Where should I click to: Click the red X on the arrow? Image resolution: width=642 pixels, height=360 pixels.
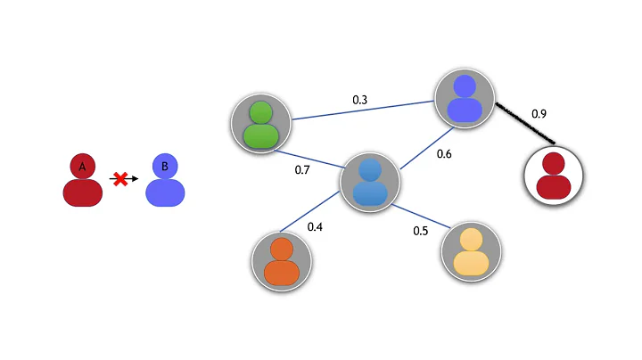coord(119,179)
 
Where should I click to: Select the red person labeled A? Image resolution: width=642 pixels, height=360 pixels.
coord(82,181)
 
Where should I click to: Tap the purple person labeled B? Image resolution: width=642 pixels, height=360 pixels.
coord(165,181)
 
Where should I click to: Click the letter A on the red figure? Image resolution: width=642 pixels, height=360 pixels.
coord(82,167)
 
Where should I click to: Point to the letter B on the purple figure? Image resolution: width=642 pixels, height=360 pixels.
coord(165,167)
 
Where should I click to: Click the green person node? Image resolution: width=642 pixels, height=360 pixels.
coord(261,123)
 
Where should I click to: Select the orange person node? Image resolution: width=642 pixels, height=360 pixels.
coord(282,260)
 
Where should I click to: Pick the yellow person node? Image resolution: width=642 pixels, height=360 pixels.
coord(471,251)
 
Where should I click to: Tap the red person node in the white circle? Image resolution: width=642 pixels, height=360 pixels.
coord(554,175)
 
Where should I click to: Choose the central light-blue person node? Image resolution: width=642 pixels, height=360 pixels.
coord(370,181)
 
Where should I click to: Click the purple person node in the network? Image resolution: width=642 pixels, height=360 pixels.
coord(464,99)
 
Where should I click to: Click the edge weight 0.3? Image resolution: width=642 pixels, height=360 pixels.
coord(360,101)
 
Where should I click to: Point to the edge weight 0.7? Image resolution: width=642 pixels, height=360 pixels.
coord(302,169)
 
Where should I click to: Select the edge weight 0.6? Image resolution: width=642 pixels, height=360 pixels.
coord(444,154)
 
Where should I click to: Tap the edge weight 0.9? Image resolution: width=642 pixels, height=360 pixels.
coord(539,114)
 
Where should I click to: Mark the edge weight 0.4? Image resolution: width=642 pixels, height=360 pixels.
coord(315,227)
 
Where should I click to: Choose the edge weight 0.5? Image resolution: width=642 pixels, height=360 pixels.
coord(421,231)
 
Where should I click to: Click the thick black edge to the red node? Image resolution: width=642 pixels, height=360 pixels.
coord(523,122)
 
